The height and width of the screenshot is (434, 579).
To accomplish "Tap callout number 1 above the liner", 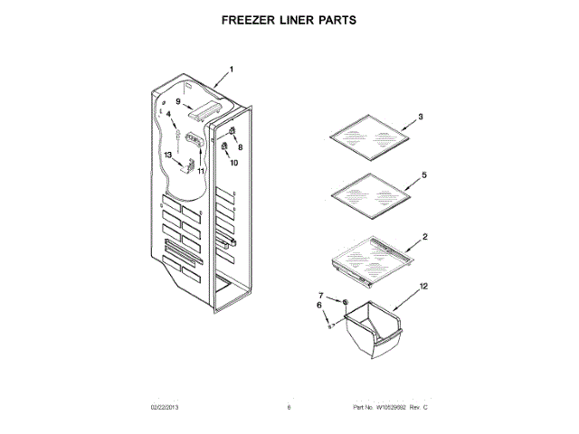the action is [231, 69].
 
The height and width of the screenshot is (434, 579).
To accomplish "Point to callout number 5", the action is [423, 174].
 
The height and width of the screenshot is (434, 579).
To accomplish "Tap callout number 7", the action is [320, 296].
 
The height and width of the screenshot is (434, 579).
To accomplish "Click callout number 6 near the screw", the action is [319, 307].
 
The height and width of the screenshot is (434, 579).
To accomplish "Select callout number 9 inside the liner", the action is [179, 101].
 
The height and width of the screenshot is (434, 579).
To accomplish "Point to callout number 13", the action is [167, 155].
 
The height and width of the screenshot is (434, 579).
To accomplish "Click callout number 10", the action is [233, 163].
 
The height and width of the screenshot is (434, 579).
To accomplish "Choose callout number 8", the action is [241, 146].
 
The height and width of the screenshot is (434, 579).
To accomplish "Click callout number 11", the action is [201, 171].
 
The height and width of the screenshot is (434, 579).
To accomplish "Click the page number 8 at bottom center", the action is [289, 408].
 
